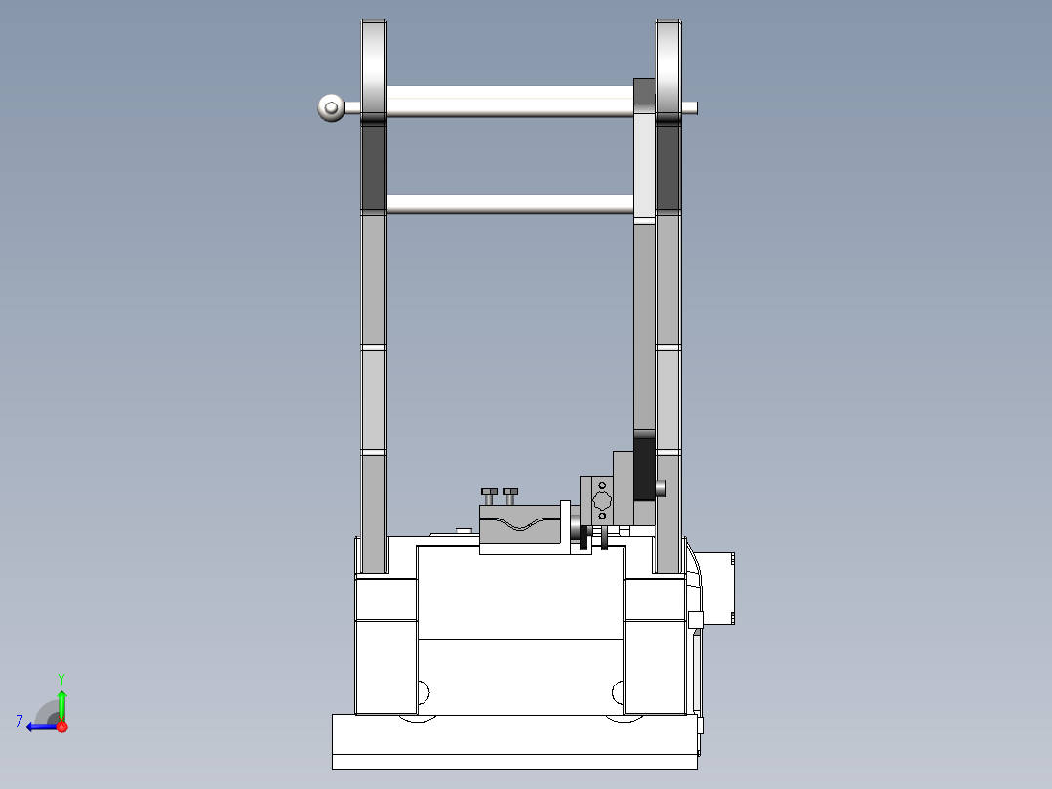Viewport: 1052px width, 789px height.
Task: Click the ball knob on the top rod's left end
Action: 331,107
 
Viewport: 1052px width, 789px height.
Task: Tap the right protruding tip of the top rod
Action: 691,107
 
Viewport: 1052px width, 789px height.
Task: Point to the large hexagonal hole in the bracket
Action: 601,500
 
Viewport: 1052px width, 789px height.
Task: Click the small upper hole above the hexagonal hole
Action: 602,484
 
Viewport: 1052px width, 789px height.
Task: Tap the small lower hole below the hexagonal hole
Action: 602,516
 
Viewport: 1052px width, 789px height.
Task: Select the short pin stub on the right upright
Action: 662,486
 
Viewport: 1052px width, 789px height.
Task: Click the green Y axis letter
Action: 61,678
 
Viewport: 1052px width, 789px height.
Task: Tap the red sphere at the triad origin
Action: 61,727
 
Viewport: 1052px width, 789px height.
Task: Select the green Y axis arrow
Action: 61,703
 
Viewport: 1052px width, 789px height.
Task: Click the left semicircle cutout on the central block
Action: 424,691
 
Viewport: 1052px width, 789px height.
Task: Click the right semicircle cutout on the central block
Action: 617,691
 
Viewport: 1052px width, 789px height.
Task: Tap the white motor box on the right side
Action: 718,586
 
